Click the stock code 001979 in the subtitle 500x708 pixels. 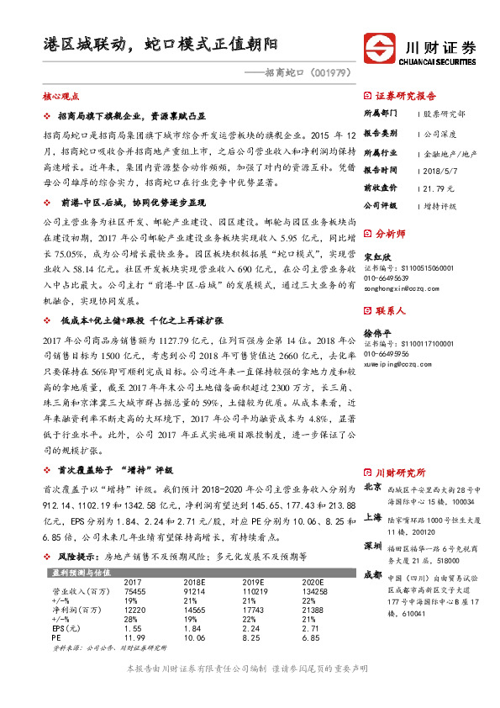pos(335,72)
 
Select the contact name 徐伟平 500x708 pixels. pos(376,334)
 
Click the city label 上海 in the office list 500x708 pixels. pos(373,519)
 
